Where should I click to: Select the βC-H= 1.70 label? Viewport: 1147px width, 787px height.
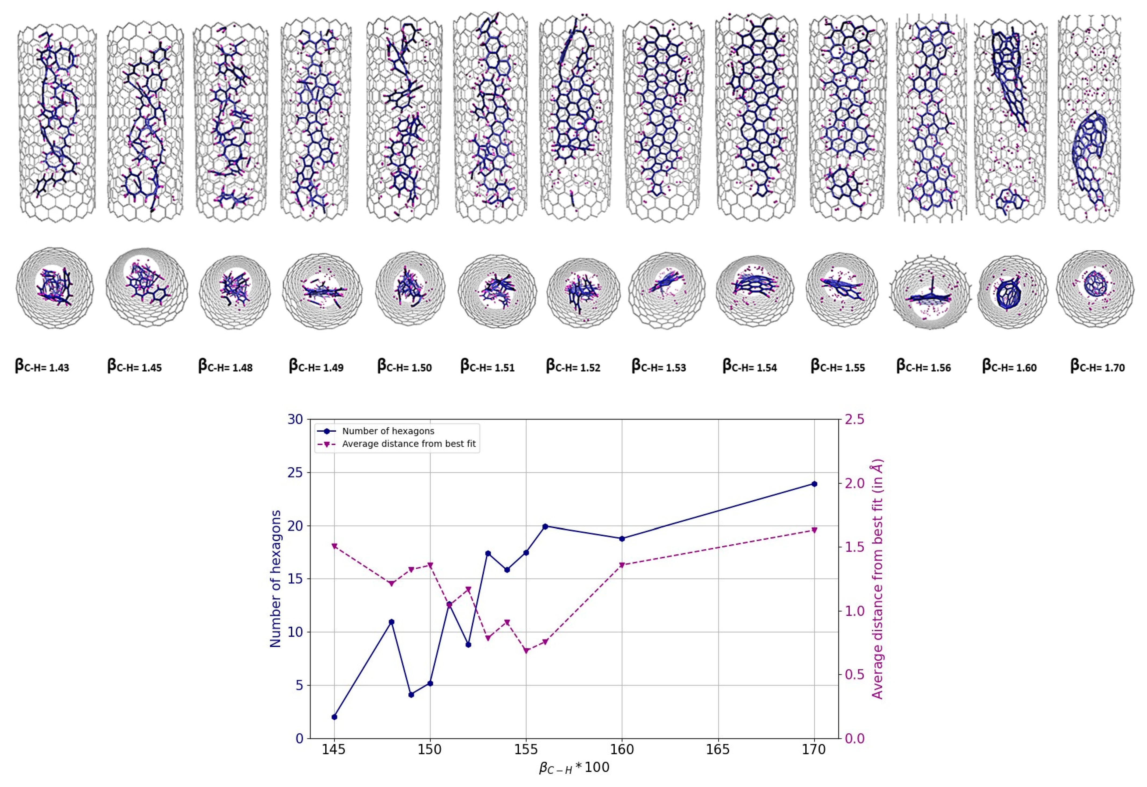pos(1097,366)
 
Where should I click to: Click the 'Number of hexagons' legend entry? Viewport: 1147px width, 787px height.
pos(388,431)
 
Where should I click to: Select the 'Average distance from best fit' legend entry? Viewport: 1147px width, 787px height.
pos(409,444)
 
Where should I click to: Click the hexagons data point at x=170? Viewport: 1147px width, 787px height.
pos(814,484)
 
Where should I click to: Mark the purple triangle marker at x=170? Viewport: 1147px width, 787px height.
pos(814,530)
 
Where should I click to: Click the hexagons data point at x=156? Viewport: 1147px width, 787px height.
pos(545,526)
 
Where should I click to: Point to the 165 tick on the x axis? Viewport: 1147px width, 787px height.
pos(718,749)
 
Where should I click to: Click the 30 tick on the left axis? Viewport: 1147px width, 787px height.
pos(295,420)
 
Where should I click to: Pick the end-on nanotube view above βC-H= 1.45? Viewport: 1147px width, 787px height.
pos(147,287)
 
